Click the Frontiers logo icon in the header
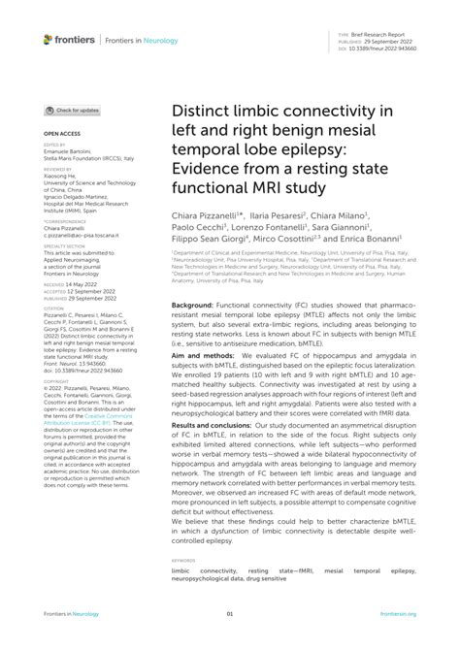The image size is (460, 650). coord(49,39)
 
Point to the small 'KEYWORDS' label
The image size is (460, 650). coord(182,560)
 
